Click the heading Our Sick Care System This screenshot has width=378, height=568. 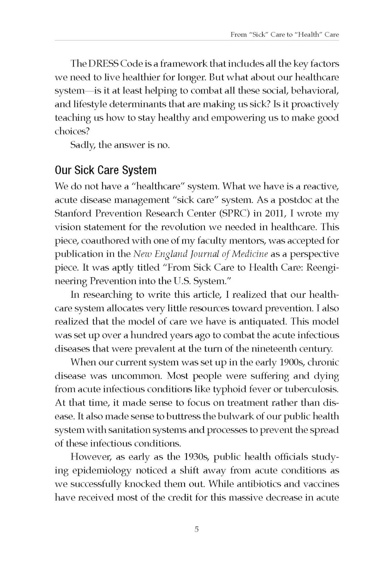tap(105, 170)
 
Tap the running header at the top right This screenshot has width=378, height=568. tap(284, 35)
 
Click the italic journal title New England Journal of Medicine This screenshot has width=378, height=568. tap(200, 254)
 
